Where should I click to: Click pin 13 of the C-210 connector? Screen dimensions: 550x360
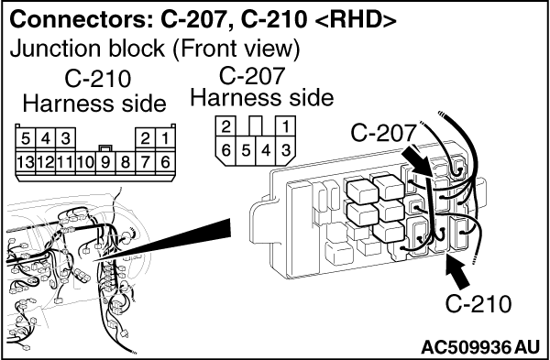(26, 162)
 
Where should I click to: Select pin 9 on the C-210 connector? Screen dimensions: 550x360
(105, 162)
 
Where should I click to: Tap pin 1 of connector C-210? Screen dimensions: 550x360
(164, 139)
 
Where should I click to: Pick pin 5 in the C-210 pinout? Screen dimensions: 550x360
(26, 139)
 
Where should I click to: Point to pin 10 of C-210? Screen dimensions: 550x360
(85, 162)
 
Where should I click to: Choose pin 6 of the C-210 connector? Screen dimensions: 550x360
(164, 162)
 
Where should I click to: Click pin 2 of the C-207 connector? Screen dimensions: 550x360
(225, 126)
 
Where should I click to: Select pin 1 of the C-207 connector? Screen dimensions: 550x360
(286, 126)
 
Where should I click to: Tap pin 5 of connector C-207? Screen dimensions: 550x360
(247, 151)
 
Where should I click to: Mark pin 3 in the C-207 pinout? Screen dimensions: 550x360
(286, 151)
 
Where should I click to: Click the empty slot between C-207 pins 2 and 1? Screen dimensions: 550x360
(256, 125)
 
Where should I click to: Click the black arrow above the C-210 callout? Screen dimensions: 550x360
(458, 272)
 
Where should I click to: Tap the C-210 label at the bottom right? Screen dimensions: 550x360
(478, 303)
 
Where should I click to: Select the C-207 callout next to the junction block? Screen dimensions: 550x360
(383, 133)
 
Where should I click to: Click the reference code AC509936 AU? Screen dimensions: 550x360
(479, 348)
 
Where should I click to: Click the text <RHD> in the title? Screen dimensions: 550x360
(356, 20)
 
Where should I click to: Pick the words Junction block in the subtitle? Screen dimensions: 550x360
(87, 49)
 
